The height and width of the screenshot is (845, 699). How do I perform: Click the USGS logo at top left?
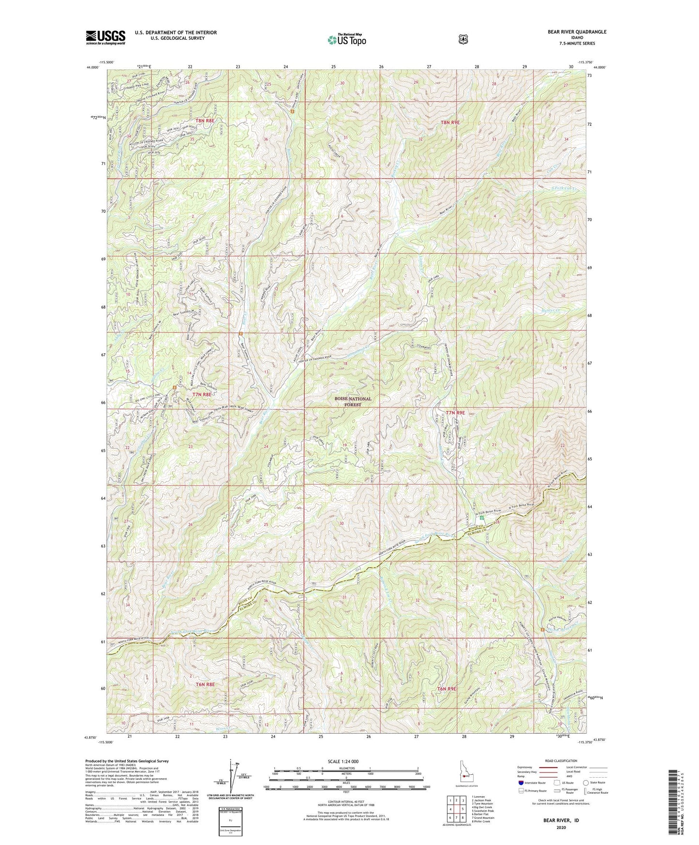tap(105, 37)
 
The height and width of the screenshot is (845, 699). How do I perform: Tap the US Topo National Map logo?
tap(346, 39)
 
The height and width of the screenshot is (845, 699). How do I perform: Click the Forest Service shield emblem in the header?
tap(463, 39)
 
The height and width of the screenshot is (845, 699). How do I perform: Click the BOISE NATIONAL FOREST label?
tap(353, 402)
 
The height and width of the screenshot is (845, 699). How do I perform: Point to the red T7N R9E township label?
tap(455, 413)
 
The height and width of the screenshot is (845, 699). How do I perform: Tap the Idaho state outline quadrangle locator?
tap(465, 774)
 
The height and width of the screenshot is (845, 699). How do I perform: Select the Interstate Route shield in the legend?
tap(521, 782)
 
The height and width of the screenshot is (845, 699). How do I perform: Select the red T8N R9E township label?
tap(450, 123)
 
